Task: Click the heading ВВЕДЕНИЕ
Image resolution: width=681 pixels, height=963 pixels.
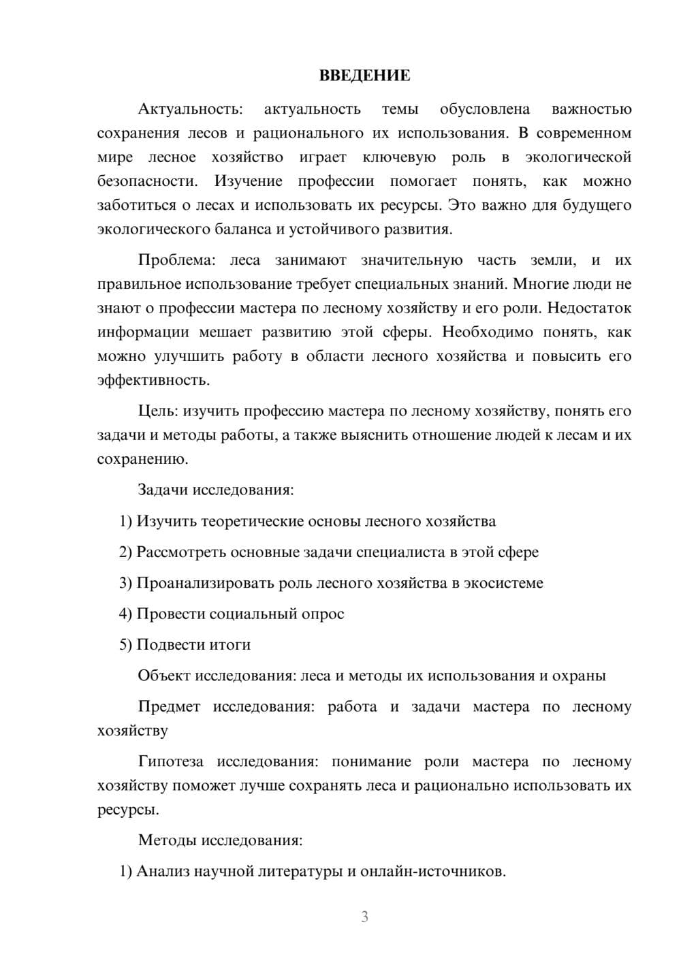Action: (x=364, y=76)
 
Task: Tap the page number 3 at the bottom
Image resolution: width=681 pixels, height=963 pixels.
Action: (x=364, y=917)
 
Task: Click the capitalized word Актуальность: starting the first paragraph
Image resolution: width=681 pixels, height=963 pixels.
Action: (x=190, y=109)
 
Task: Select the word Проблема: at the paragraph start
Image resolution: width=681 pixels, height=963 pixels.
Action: (x=176, y=260)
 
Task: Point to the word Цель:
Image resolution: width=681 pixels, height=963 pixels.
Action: (x=158, y=411)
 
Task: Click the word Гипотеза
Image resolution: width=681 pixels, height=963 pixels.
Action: (x=170, y=762)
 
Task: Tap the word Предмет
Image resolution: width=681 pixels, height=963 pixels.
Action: (x=169, y=707)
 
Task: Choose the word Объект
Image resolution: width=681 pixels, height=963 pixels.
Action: (x=164, y=676)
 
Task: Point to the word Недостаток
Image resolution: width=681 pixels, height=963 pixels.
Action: (x=589, y=309)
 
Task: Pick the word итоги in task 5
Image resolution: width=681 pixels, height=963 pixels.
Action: (x=230, y=645)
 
